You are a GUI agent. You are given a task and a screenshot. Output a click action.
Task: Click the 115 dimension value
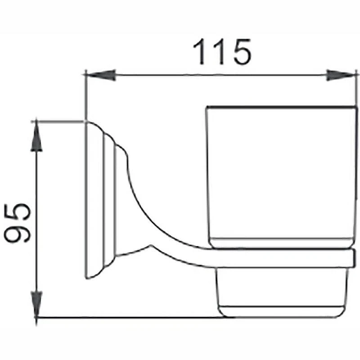pyautogui.click(x=222, y=52)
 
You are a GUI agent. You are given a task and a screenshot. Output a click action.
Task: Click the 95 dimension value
pyautogui.click(x=18, y=223)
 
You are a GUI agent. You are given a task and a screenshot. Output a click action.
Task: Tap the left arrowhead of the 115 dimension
pyautogui.click(x=101, y=75)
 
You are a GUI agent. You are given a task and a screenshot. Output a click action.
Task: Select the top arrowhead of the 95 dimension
pyautogui.click(x=36, y=136)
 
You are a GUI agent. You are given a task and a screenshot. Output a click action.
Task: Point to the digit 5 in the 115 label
pyautogui.click(x=242, y=52)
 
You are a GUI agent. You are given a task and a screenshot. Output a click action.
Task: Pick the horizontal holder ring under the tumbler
pyautogui.click(x=283, y=258)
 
